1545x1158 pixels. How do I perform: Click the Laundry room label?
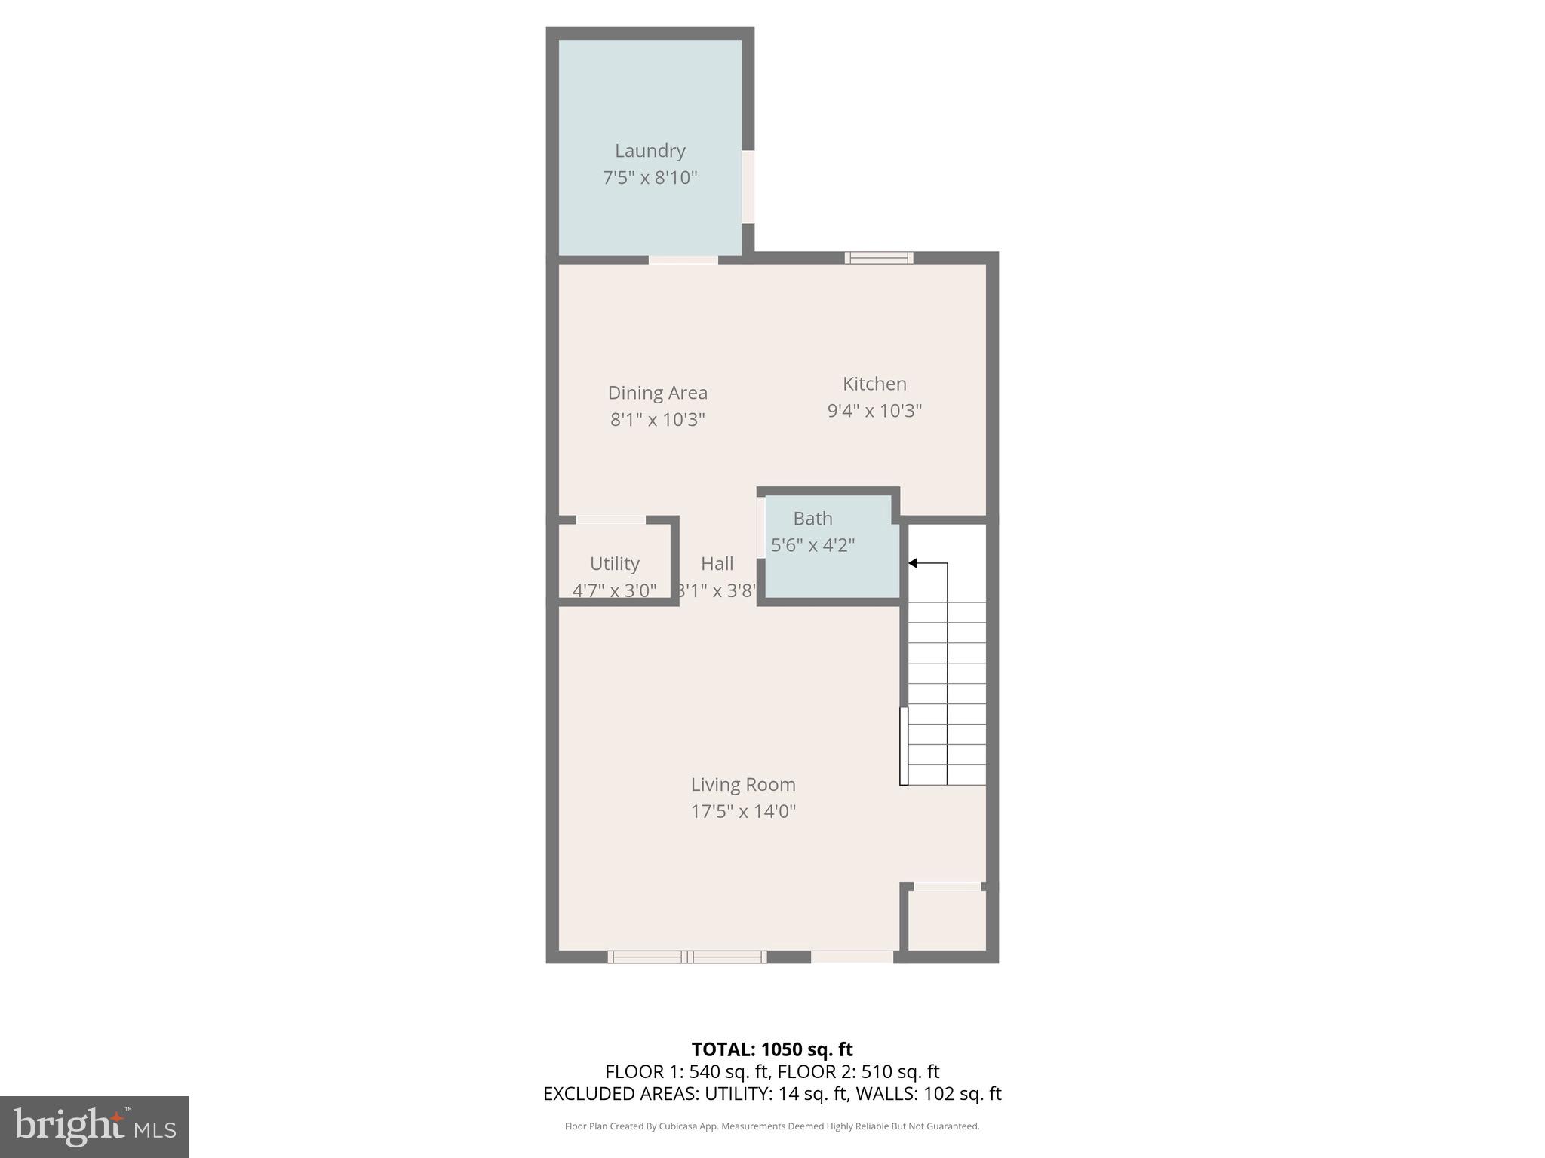[x=650, y=151]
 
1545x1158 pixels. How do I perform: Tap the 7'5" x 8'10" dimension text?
[x=650, y=178]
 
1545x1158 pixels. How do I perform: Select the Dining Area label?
[x=657, y=393]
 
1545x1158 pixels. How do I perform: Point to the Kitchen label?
[x=874, y=384]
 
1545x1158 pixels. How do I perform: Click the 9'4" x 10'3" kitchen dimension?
[x=874, y=411]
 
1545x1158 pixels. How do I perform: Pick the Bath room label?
[x=812, y=519]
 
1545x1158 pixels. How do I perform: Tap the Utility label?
[x=614, y=564]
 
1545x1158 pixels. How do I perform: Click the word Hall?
[x=717, y=564]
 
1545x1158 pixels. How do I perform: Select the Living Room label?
[x=743, y=785]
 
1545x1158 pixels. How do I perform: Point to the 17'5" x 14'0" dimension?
[x=743, y=812]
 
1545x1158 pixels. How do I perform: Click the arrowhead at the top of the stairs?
[x=912, y=563]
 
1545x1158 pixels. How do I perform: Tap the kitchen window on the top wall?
[x=878, y=258]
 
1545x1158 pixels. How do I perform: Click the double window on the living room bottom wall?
[x=686, y=957]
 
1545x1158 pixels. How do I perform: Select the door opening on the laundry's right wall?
[x=748, y=187]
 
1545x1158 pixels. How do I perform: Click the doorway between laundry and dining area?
[x=683, y=259]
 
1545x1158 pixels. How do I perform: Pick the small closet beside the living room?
[x=946, y=921]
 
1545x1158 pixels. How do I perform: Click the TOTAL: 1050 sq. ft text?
[x=772, y=1049]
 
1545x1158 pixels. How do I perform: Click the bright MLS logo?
[x=94, y=1126]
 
